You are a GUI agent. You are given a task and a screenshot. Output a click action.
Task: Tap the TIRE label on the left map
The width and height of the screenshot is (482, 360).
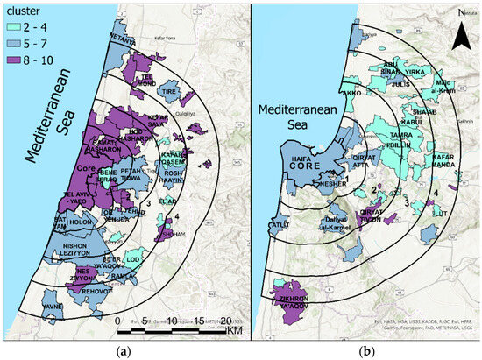169,90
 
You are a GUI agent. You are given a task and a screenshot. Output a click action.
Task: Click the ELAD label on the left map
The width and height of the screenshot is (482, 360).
194,200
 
